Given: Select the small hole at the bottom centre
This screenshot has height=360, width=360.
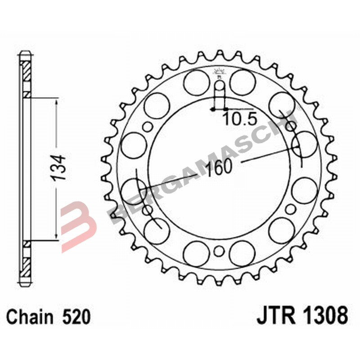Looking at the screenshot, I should [x=219, y=250].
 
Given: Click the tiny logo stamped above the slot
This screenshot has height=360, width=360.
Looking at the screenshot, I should [x=219, y=72].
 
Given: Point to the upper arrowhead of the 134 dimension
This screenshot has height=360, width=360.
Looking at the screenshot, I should [x=56, y=103].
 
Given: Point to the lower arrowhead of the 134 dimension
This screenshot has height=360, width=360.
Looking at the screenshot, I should [x=56, y=235].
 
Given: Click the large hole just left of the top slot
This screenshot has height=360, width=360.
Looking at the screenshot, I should [x=197, y=82].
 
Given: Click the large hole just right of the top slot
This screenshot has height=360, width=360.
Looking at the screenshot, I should [x=243, y=82].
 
